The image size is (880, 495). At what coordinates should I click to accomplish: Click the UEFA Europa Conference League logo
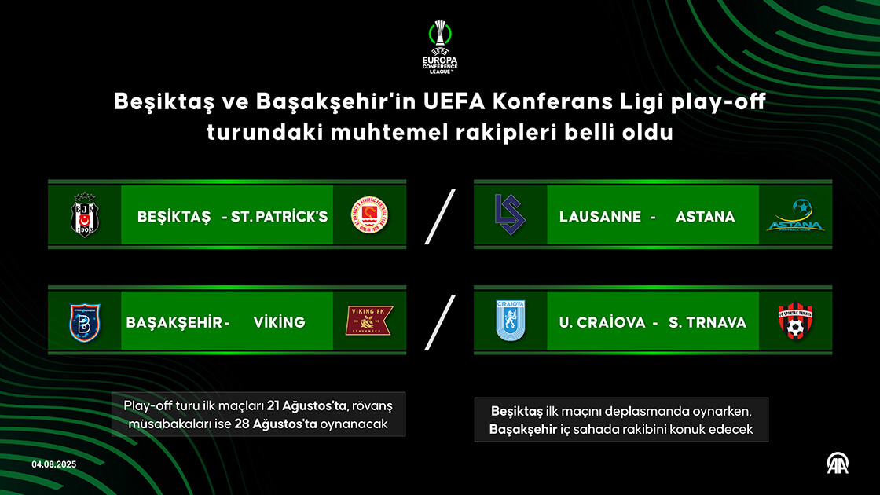tap(440, 47)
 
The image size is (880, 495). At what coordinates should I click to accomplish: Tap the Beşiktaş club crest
tap(85, 215)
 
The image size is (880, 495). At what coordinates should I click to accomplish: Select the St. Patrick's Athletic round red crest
tap(369, 215)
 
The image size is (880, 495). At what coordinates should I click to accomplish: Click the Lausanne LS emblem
tap(510, 214)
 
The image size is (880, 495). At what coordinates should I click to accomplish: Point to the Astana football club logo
tap(795, 215)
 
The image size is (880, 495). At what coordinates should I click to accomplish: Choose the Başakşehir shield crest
tap(85, 322)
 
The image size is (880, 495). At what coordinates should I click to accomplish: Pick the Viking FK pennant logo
tap(369, 321)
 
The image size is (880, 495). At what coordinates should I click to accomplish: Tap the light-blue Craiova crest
tap(510, 321)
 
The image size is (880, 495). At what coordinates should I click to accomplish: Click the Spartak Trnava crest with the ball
tap(795, 321)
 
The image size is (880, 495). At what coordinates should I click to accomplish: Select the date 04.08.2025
tap(54, 464)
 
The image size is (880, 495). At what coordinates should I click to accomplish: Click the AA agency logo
tap(838, 464)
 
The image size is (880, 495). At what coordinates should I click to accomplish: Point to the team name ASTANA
tap(705, 217)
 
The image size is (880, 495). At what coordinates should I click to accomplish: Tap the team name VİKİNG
tap(279, 322)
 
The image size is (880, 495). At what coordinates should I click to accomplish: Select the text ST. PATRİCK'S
tap(280, 217)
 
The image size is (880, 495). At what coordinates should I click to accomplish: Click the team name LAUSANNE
tap(600, 217)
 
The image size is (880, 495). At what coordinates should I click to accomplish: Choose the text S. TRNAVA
tap(707, 322)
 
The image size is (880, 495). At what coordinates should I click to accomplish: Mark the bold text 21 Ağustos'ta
tap(306, 405)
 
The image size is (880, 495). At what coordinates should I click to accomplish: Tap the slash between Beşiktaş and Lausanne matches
tap(440, 217)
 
